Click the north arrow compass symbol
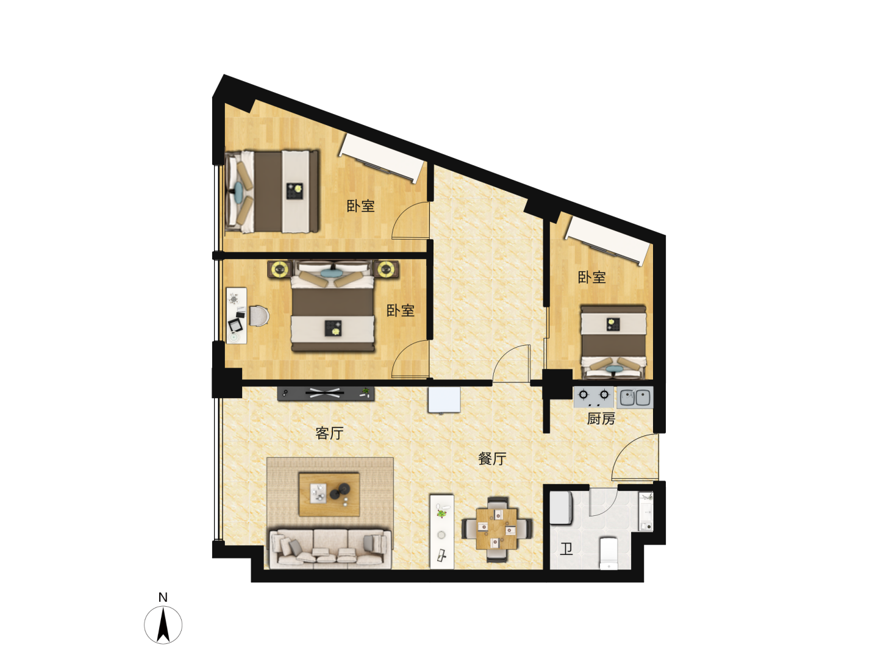pos(163,624)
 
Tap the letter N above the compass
pos(163,598)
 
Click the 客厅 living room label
pos(329,433)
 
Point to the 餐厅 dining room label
pos(492,459)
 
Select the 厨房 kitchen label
pos(601,419)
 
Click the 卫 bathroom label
pos(566,549)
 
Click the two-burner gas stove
pos(594,397)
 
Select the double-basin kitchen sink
pos(635,398)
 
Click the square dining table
pos(496,529)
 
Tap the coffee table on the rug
pos(329,495)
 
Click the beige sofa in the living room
pos(330,549)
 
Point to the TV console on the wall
pos(326,393)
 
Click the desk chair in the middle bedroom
pos(259,316)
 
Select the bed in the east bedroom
pos(613,342)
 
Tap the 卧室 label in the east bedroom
pos(591,277)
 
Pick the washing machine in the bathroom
pos(561,508)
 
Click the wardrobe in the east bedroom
pos(607,240)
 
